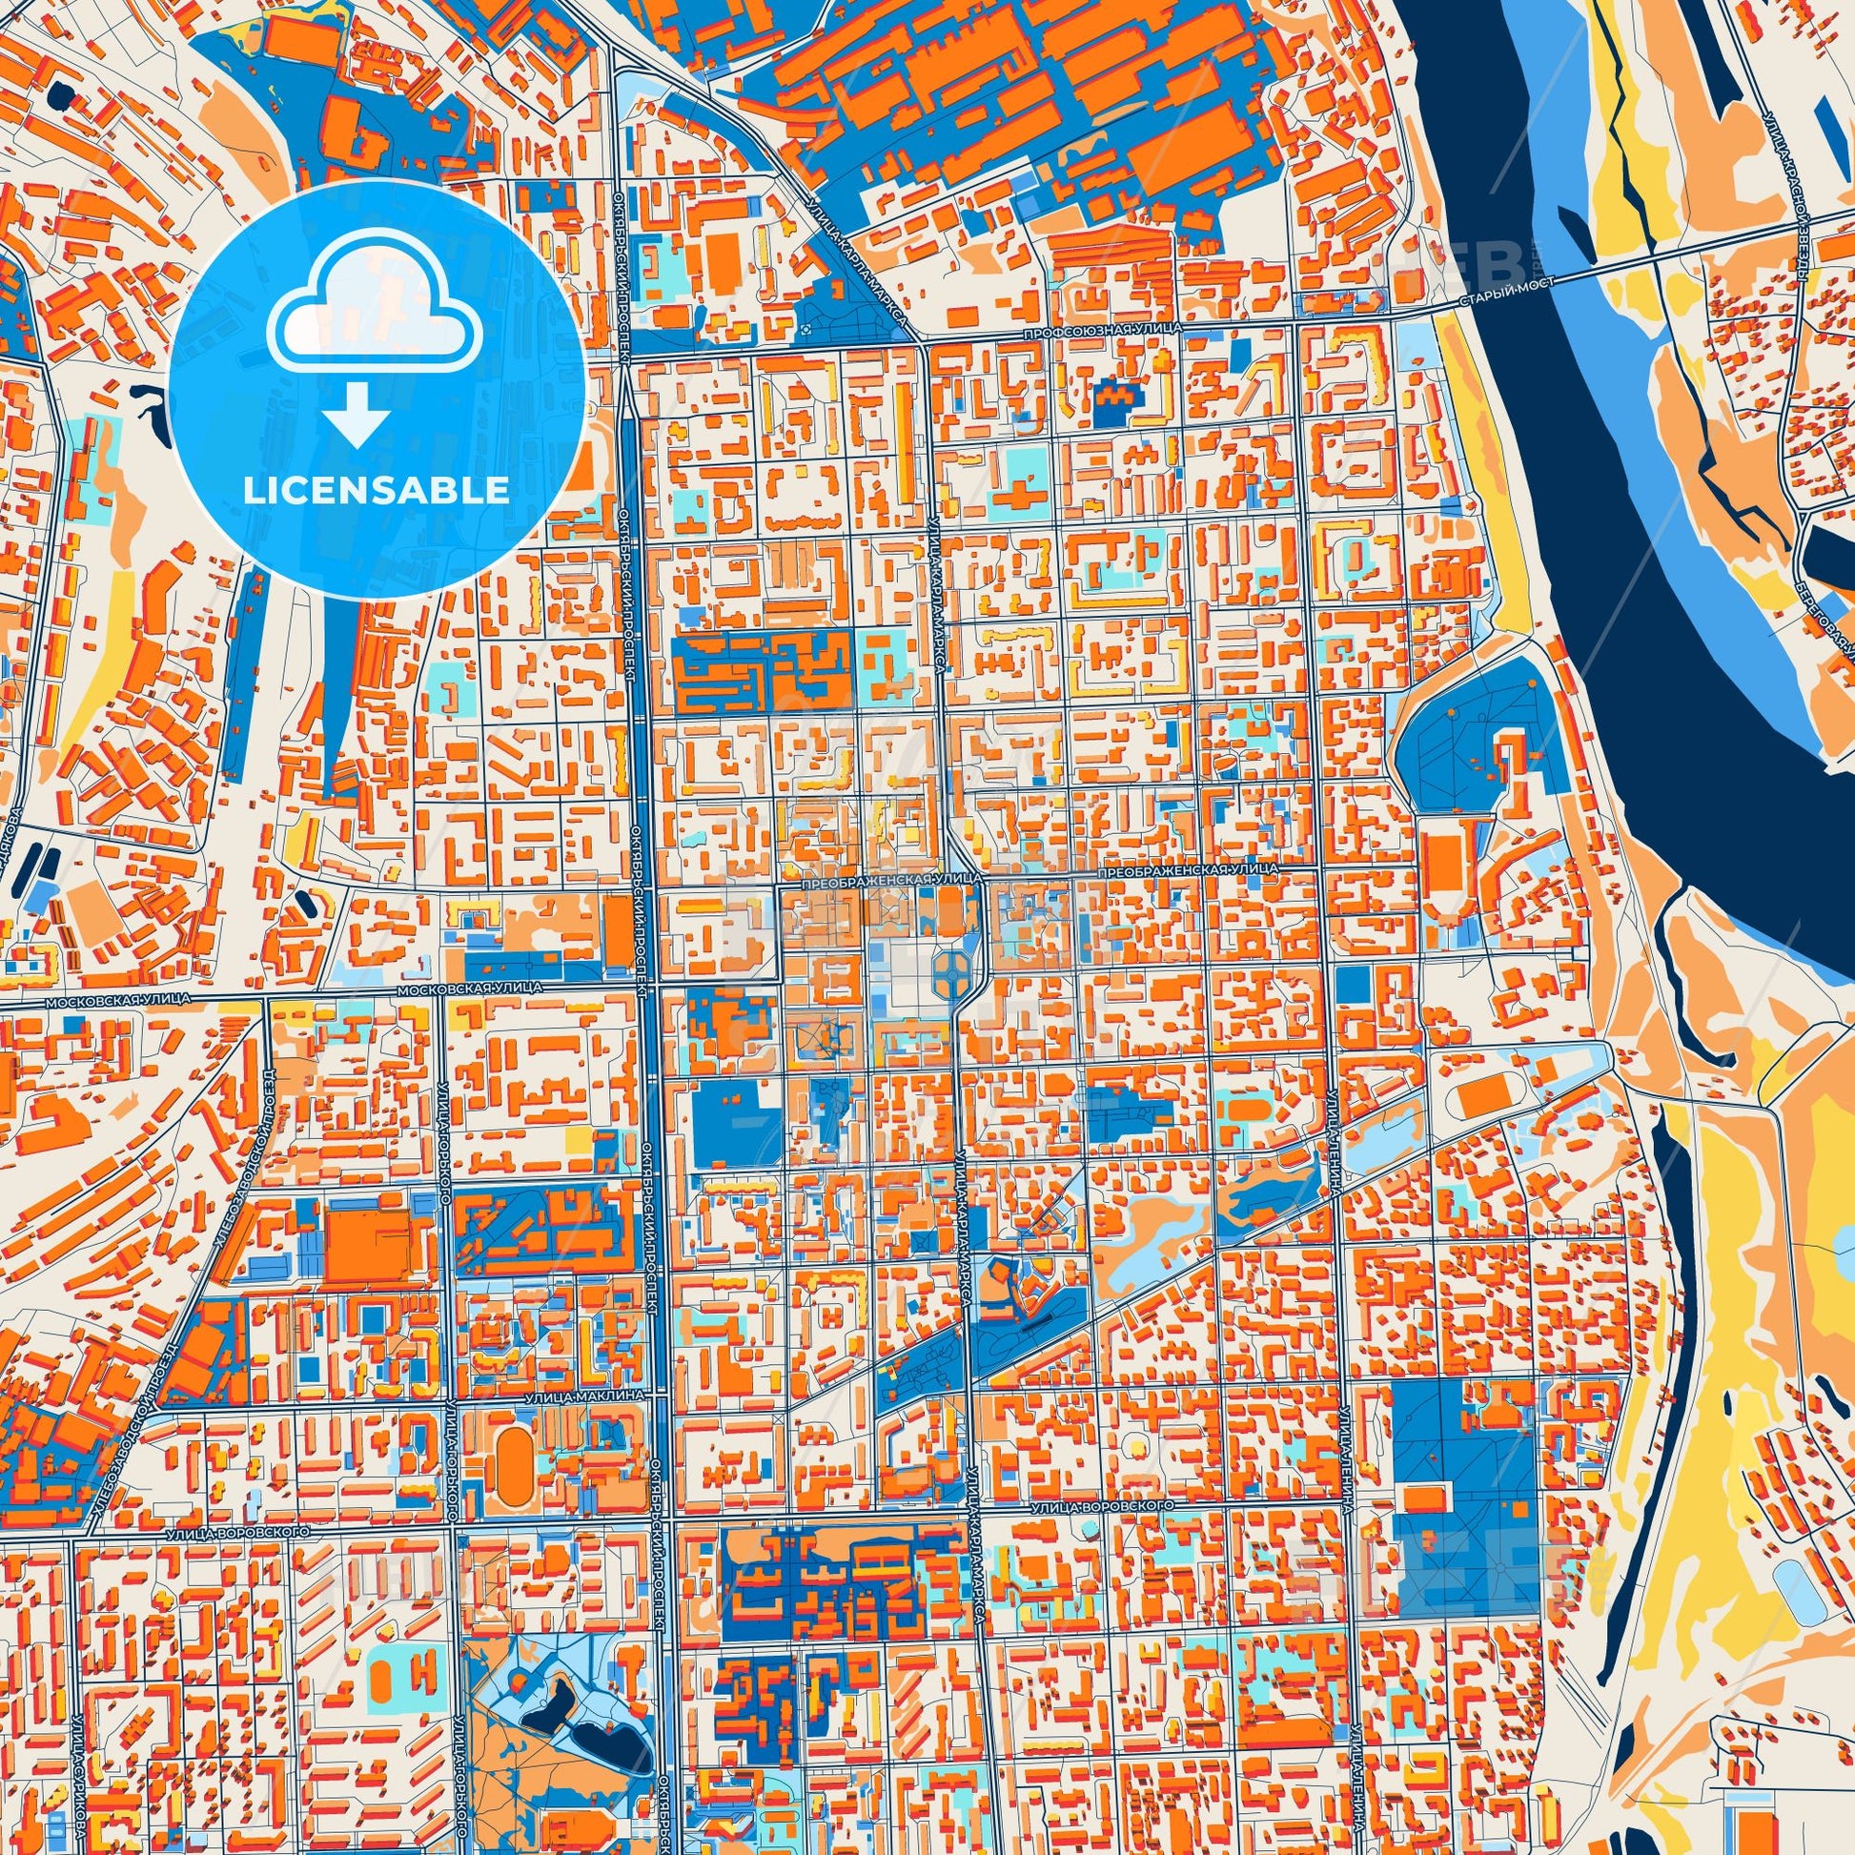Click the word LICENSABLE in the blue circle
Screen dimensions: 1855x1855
pyautogui.click(x=377, y=491)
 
